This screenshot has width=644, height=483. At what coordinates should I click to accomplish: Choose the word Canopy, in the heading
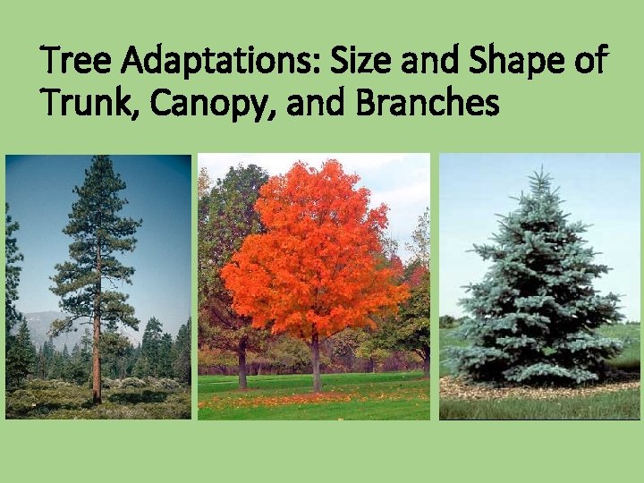click(x=215, y=104)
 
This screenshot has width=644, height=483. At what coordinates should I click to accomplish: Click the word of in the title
click(x=591, y=62)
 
